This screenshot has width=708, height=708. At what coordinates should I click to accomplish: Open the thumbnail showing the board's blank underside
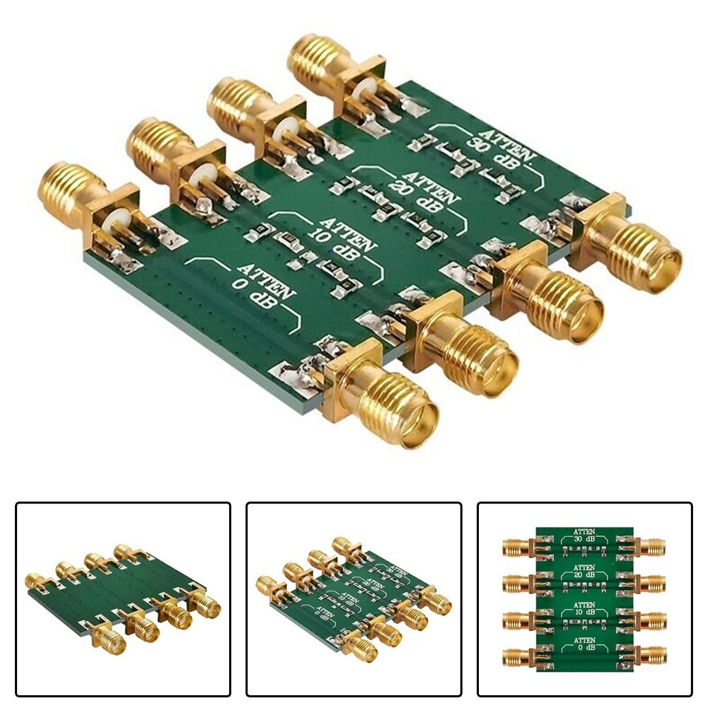click(123, 598)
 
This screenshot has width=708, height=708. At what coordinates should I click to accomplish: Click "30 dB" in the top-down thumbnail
click(584, 540)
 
